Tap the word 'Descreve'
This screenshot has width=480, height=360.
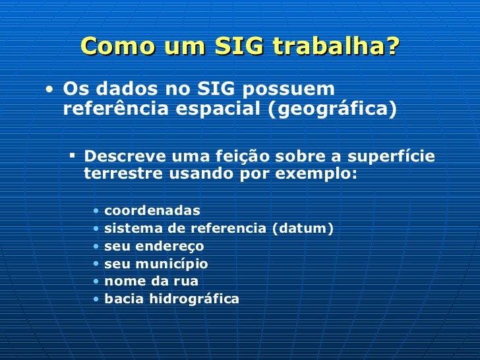[x=123, y=157]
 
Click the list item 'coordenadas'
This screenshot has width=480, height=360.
[x=152, y=211]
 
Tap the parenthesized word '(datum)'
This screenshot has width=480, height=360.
[x=303, y=229]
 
